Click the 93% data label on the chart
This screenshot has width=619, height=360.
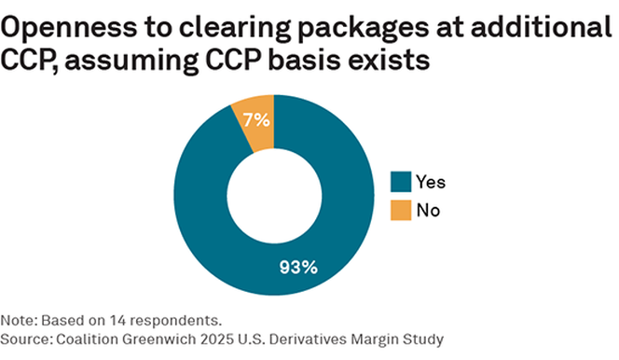pyautogui.click(x=298, y=267)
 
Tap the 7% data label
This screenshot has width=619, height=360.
pyautogui.click(x=256, y=119)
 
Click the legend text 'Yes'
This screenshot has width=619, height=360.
pyautogui.click(x=430, y=183)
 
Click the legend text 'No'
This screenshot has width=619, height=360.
pyautogui.click(x=427, y=210)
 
